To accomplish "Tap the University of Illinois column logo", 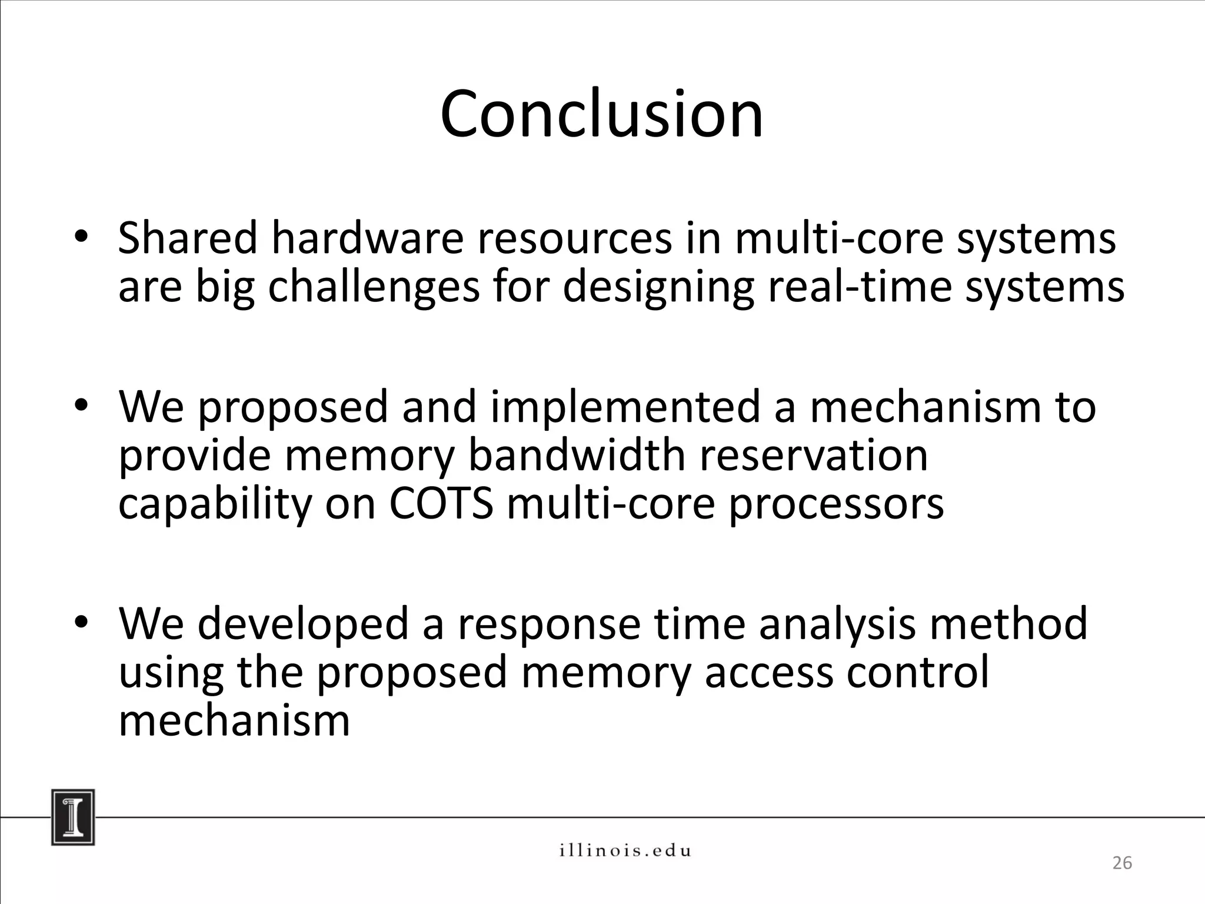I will [x=73, y=817].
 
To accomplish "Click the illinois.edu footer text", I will [x=624, y=850].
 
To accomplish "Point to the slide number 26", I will [x=1121, y=863].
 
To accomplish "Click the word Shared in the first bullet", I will [x=188, y=238].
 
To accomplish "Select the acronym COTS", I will [x=440, y=504].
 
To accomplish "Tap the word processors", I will [x=836, y=505].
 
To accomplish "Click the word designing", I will [x=658, y=287].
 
